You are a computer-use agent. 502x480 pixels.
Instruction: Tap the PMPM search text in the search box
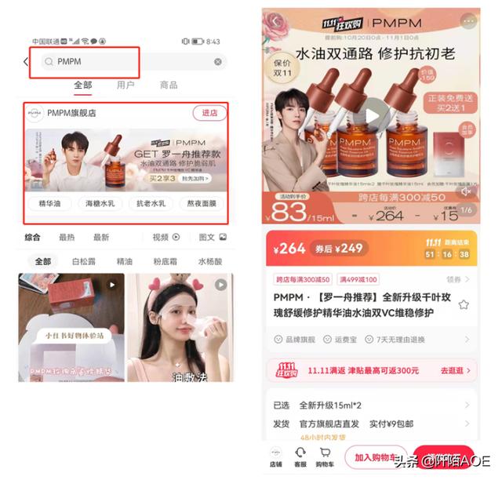[69, 62]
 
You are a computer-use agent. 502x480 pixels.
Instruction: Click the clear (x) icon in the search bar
[218, 62]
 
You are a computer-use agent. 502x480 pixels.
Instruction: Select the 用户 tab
[125, 85]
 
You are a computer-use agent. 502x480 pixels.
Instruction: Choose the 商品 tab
[169, 85]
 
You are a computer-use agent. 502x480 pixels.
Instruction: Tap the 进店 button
[209, 114]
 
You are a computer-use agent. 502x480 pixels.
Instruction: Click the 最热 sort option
[67, 238]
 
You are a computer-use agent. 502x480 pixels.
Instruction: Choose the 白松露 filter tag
[84, 261]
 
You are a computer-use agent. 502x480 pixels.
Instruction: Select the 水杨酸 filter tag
[209, 261]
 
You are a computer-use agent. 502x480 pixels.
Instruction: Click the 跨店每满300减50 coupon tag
[303, 279]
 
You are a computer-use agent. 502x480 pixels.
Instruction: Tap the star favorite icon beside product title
[464, 304]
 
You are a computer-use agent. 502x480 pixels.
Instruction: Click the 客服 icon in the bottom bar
[300, 456]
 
